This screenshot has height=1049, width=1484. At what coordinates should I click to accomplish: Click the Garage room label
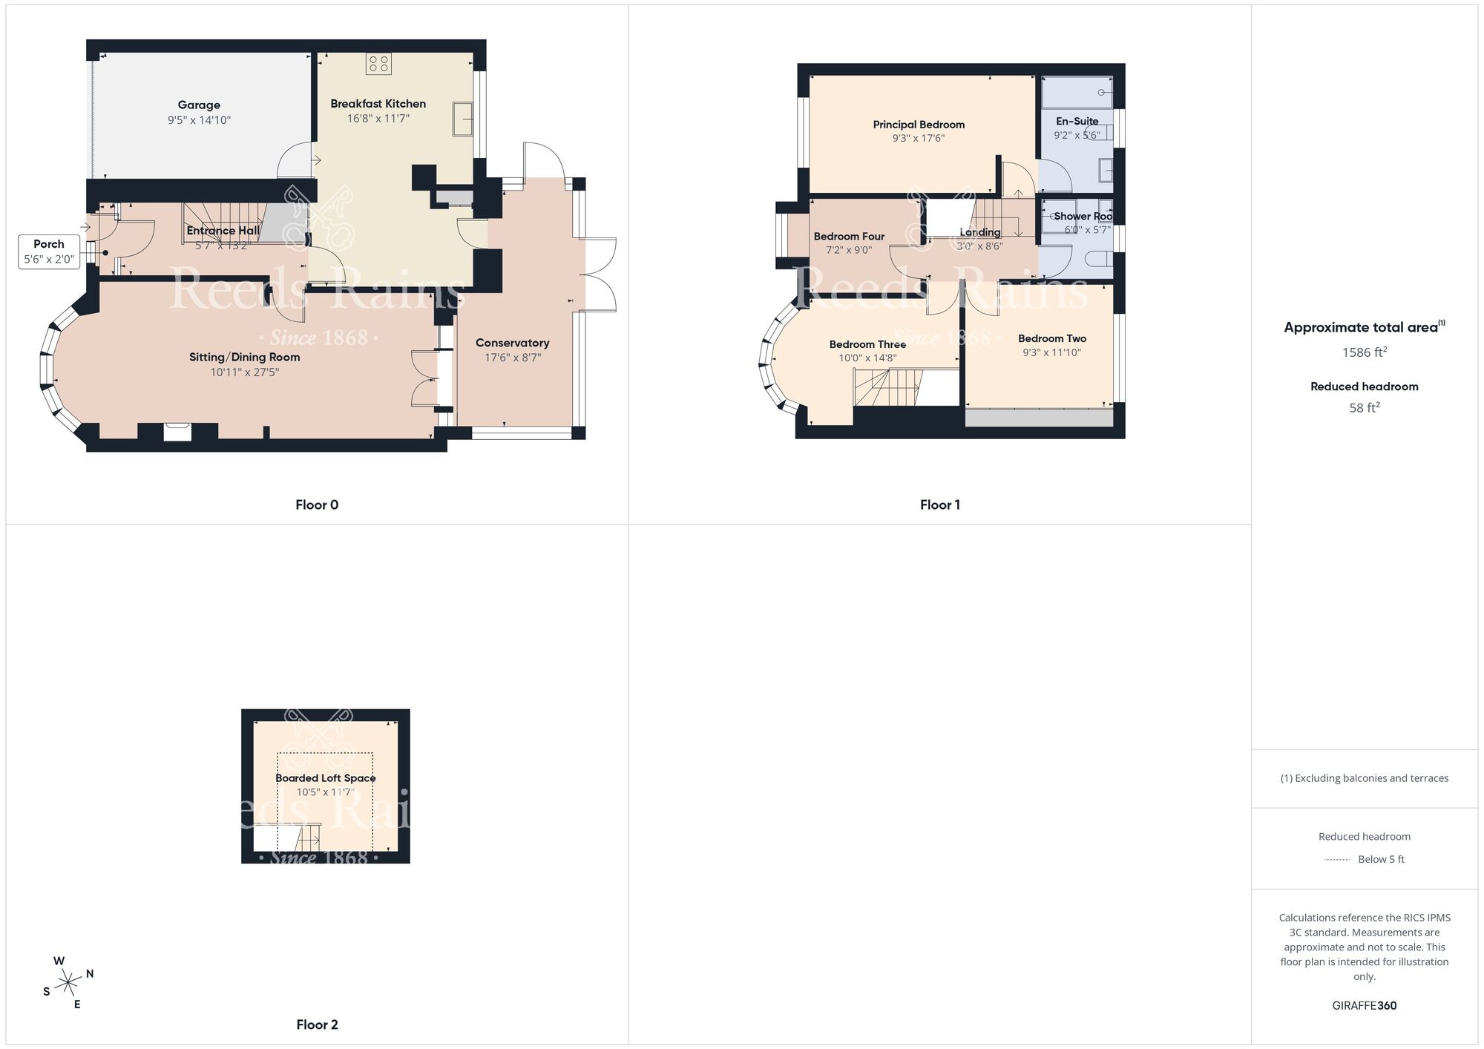coord(199,105)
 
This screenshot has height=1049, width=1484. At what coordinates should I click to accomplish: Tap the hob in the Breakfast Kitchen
coord(378,64)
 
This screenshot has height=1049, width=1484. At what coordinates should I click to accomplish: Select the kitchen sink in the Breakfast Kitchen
coord(463,119)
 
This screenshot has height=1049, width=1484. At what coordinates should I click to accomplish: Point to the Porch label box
coord(49,251)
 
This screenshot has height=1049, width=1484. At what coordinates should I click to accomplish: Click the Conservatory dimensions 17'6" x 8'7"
coord(513,358)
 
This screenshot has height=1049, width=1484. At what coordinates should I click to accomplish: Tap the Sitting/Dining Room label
coord(244,357)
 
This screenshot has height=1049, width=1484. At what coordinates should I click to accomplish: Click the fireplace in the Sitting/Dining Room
coord(177,432)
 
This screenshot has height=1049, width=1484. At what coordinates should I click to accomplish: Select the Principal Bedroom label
coord(919,125)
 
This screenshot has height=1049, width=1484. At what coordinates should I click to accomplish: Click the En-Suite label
coord(1077,121)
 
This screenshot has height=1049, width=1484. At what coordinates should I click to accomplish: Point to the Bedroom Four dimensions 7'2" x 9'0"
coord(849,250)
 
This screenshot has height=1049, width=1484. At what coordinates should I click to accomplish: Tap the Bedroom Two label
coord(1052,338)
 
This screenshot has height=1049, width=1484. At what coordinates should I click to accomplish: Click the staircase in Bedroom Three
coord(888,388)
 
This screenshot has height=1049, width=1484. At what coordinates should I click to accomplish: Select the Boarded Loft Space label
coord(326,777)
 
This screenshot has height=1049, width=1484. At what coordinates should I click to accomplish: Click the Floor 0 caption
coord(317,504)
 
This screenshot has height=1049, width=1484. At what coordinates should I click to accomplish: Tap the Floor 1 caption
coord(939,504)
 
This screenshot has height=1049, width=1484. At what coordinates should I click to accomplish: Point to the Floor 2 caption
coord(317,1025)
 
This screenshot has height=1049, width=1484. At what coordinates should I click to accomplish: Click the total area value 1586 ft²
coord(1364,352)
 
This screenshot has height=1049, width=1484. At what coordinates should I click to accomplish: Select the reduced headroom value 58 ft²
coord(1364,407)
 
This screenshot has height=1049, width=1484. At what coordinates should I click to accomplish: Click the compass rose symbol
coord(68,983)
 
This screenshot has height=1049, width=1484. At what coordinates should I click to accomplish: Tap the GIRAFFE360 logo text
coord(1364,1005)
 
